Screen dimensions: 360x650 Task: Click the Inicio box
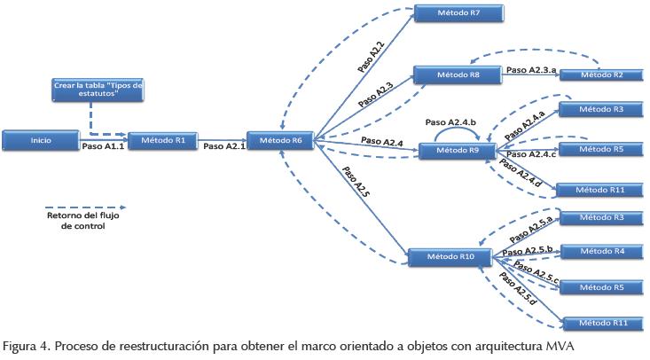41,139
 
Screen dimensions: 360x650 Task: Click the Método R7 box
450,13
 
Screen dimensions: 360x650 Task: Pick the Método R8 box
450,74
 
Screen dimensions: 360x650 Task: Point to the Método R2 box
599,75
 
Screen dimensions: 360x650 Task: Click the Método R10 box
444,257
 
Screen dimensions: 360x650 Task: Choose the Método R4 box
599,251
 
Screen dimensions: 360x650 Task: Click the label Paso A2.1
223,147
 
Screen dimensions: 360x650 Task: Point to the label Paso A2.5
358,191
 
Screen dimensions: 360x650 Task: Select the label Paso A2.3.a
533,68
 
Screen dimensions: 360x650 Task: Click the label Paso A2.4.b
451,121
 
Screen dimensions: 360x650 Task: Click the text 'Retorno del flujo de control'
76,221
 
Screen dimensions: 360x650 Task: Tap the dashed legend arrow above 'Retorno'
75,199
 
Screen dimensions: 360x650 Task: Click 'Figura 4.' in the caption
23,345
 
